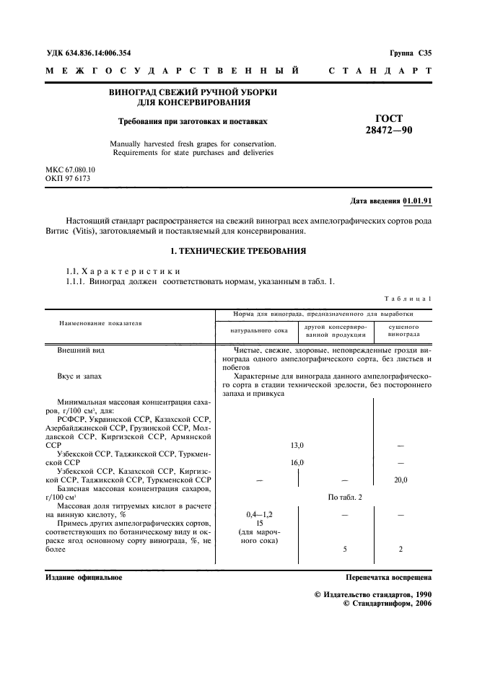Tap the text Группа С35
click(x=410, y=53)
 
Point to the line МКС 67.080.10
click(x=70, y=169)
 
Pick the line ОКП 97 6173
click(x=68, y=177)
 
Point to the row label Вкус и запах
click(x=79, y=376)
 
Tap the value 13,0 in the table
click(x=297, y=446)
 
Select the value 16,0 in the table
click(x=297, y=462)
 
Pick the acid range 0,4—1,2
click(x=258, y=515)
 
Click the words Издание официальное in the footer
click(x=84, y=578)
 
